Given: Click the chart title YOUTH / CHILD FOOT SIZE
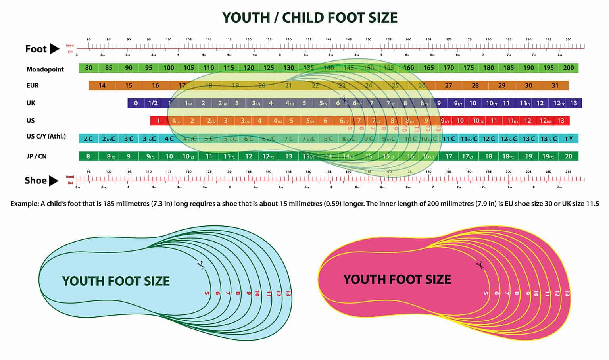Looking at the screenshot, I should (309, 18).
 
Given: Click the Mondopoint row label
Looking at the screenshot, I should (45, 69).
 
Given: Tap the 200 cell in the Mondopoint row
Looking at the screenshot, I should (568, 68).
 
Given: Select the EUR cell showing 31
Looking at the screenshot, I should (555, 85).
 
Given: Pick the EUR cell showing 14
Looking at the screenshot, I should (102, 85).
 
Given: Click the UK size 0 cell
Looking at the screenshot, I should (136, 103).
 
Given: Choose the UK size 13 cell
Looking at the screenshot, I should (573, 103).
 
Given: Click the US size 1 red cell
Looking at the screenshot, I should (158, 121).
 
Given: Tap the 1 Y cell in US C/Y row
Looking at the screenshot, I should (569, 139).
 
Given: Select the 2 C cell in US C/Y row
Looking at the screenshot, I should (88, 139).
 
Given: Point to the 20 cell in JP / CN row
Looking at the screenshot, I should (568, 156).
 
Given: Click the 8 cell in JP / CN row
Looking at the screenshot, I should (88, 156).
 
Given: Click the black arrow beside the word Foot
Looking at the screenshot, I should (54, 49).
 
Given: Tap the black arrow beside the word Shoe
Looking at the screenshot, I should (54, 181).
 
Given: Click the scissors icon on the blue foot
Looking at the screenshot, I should (201, 264).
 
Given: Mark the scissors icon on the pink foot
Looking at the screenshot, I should (480, 264).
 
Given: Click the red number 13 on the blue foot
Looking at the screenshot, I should (288, 294).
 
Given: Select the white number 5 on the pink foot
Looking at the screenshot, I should (486, 293).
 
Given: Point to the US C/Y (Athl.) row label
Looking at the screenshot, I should (46, 137).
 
